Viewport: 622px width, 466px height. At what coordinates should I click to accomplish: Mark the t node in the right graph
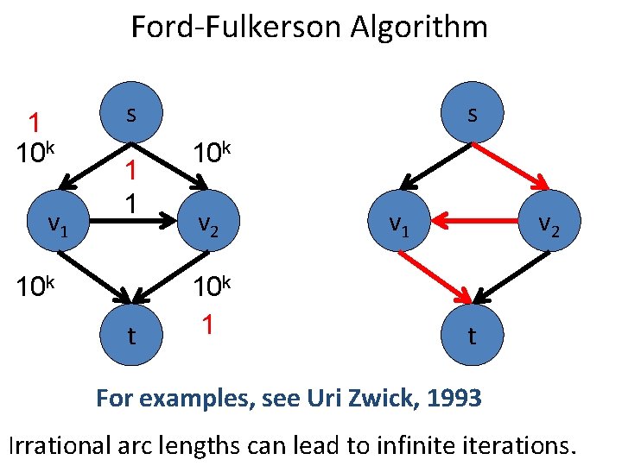[472, 335]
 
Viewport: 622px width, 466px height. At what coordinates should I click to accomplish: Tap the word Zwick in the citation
[380, 399]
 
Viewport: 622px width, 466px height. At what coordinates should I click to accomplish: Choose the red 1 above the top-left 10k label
[35, 122]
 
